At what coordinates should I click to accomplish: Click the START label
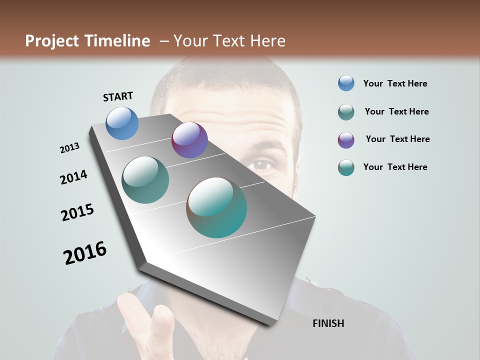pyautogui.click(x=118, y=96)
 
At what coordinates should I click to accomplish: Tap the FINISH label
pyautogui.click(x=328, y=323)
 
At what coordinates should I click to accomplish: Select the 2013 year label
pyautogui.click(x=69, y=148)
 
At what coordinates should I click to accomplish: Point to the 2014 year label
pyautogui.click(x=73, y=177)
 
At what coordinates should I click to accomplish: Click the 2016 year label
pyautogui.click(x=85, y=253)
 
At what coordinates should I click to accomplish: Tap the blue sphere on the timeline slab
pyautogui.click(x=122, y=123)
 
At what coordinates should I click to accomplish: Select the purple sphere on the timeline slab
pyautogui.click(x=189, y=140)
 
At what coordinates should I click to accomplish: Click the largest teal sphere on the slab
pyautogui.click(x=216, y=207)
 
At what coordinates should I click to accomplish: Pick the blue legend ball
pyautogui.click(x=346, y=83)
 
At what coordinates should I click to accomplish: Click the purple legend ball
pyautogui.click(x=346, y=140)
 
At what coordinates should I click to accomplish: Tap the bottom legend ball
pyautogui.click(x=346, y=167)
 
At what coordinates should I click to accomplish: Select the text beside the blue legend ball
pyautogui.click(x=395, y=83)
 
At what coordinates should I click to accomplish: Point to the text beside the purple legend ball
pyautogui.click(x=397, y=139)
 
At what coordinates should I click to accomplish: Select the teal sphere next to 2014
pyautogui.click(x=145, y=180)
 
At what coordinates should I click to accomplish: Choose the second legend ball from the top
pyautogui.click(x=346, y=112)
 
